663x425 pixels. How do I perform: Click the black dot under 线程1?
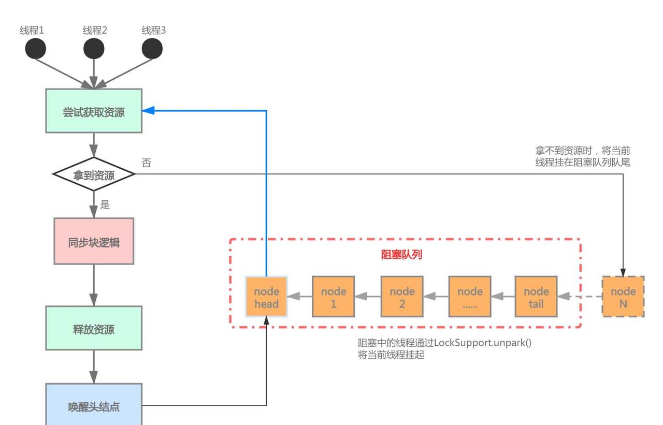[36, 49]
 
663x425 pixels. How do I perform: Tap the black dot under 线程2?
[94, 49]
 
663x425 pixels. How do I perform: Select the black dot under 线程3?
[152, 49]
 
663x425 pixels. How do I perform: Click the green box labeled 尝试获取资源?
[94, 111]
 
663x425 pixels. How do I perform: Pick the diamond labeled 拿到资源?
[94, 175]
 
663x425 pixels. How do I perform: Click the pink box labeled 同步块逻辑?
[94, 241]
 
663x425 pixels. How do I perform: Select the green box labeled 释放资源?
[94, 328]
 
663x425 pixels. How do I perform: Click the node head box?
[266, 297]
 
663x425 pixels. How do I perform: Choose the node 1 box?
[334, 297]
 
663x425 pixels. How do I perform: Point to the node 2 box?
[402, 297]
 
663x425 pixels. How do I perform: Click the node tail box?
[536, 297]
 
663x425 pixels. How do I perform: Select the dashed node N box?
[623, 297]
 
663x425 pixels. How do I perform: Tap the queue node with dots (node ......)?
[470, 297]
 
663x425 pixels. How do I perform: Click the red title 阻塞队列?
[401, 255]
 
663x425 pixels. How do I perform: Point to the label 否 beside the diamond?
[147, 163]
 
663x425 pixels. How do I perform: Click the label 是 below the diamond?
[105, 204]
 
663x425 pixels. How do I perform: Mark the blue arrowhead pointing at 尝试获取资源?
[148, 110]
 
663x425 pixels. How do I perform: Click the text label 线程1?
[32, 31]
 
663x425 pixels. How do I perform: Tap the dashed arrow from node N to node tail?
[583, 297]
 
